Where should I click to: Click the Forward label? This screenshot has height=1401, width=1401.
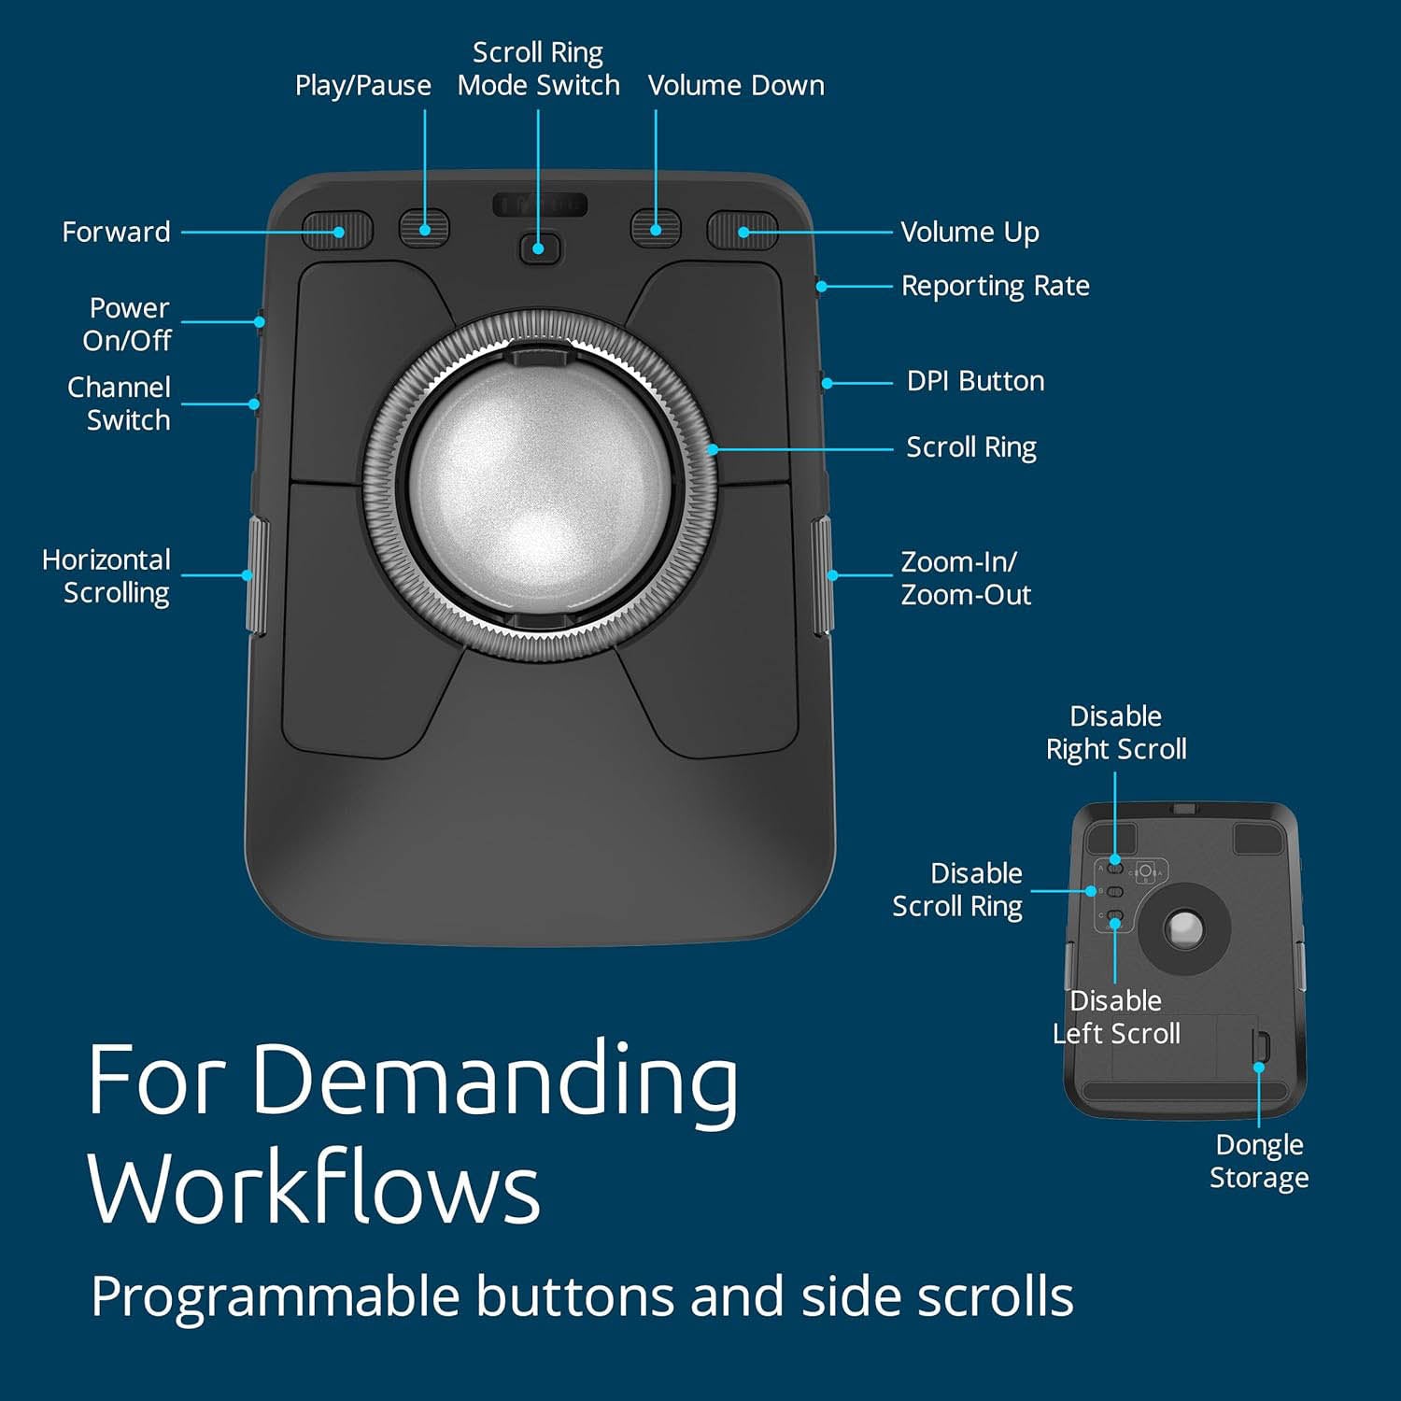pyautogui.click(x=116, y=232)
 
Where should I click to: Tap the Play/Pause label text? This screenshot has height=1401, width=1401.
pyautogui.click(x=362, y=86)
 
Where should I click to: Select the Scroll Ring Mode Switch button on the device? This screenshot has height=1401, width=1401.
pyautogui.click(x=539, y=248)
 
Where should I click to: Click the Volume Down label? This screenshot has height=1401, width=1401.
pyautogui.click(x=736, y=85)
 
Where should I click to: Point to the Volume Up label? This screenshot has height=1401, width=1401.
pyautogui.click(x=969, y=232)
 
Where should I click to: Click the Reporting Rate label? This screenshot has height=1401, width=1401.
pyautogui.click(x=995, y=286)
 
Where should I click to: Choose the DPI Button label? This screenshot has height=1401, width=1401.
pyautogui.click(x=975, y=381)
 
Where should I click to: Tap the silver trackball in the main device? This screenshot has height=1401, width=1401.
pyautogui.click(x=540, y=486)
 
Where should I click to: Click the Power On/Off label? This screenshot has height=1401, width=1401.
pyautogui.click(x=126, y=324)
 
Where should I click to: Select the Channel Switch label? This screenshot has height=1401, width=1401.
pyautogui.click(x=119, y=403)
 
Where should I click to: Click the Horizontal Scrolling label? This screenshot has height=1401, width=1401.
pyautogui.click(x=106, y=576)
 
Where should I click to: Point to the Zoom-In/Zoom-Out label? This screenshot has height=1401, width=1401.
pyautogui.click(x=966, y=578)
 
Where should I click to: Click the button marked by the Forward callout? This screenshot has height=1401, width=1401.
pyautogui.click(x=337, y=230)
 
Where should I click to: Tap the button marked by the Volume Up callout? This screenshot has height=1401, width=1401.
pyautogui.click(x=743, y=230)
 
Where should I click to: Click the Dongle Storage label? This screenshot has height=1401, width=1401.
pyautogui.click(x=1259, y=1161)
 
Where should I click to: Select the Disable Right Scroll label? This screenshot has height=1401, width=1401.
pyautogui.click(x=1116, y=732)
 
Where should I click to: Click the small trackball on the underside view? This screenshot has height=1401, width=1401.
pyautogui.click(x=1185, y=929)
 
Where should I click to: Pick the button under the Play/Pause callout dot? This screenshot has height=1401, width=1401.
pyautogui.click(x=424, y=229)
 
